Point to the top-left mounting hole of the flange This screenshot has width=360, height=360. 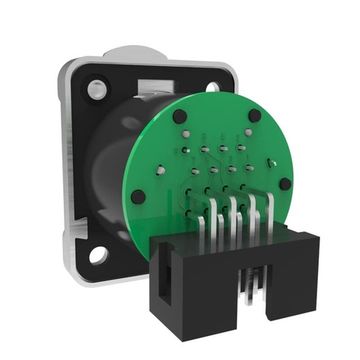pos(95,90)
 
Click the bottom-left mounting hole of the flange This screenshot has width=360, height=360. pos(98,255)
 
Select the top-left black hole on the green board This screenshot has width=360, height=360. pos(180,117)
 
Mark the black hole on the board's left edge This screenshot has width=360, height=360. pos(138,197)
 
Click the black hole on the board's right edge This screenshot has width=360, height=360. pos(286,184)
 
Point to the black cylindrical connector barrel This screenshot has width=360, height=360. pos(105,170)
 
